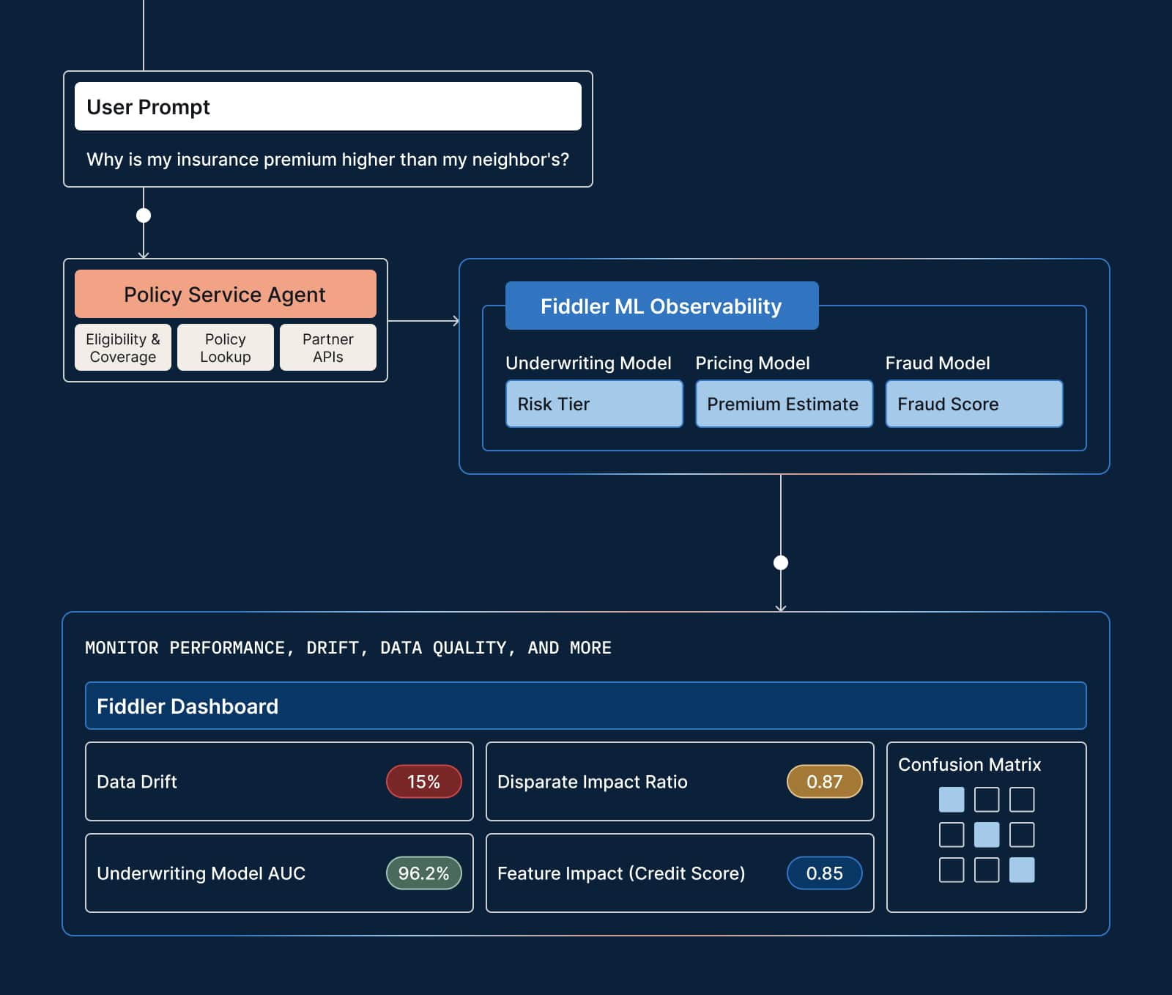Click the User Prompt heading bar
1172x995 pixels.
tap(327, 106)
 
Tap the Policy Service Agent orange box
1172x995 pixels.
tap(225, 294)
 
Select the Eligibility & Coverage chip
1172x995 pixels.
tap(122, 347)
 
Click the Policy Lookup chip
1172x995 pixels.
tap(225, 347)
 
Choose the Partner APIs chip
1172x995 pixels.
tap(327, 347)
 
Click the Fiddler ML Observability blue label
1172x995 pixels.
tap(661, 306)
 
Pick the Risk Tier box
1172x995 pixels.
tap(593, 404)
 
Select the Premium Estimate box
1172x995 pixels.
tap(783, 404)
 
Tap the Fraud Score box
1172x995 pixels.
tap(973, 404)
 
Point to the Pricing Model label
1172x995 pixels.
tap(752, 363)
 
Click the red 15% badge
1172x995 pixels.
tap(423, 782)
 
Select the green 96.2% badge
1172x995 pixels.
tap(423, 873)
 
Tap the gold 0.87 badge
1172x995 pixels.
tap(824, 782)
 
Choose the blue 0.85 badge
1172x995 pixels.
tap(824, 873)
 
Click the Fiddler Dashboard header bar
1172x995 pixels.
tap(585, 706)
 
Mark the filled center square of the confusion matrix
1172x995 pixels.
tap(986, 835)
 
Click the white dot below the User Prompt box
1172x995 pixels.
tap(144, 215)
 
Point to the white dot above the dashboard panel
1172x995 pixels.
tap(781, 563)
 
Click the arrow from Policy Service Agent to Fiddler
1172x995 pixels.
tap(423, 320)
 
